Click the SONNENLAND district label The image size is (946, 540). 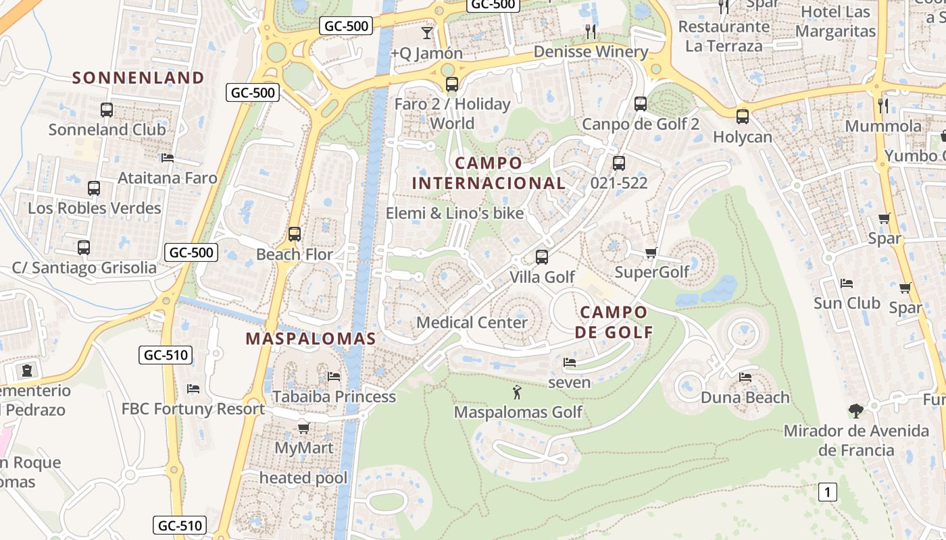click(x=138, y=78)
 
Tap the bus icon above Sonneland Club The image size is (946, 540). click(x=107, y=109)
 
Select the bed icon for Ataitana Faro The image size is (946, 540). click(x=168, y=158)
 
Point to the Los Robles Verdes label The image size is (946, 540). click(x=95, y=208)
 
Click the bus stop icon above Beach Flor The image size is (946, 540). click(x=295, y=234)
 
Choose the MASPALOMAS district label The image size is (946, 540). click(x=310, y=339)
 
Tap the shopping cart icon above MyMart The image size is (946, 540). click(x=304, y=428)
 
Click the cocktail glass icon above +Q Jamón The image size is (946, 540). click(x=426, y=32)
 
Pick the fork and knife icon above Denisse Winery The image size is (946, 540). click(x=591, y=31)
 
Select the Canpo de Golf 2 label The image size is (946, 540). click(x=641, y=124)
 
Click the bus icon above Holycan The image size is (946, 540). click(x=743, y=116)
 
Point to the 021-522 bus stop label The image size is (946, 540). click(x=619, y=183)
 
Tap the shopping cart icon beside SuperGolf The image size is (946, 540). click(x=651, y=253)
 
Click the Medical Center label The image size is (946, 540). click(x=472, y=322)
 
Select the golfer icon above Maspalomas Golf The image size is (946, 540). click(x=518, y=391)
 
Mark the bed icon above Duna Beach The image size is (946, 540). click(x=745, y=377)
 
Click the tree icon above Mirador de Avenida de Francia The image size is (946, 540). click(x=855, y=410)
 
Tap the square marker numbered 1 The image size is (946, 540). click(x=827, y=492)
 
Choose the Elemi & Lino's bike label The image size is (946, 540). click(x=455, y=213)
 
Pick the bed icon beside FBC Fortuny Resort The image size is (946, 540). click(x=193, y=389)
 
